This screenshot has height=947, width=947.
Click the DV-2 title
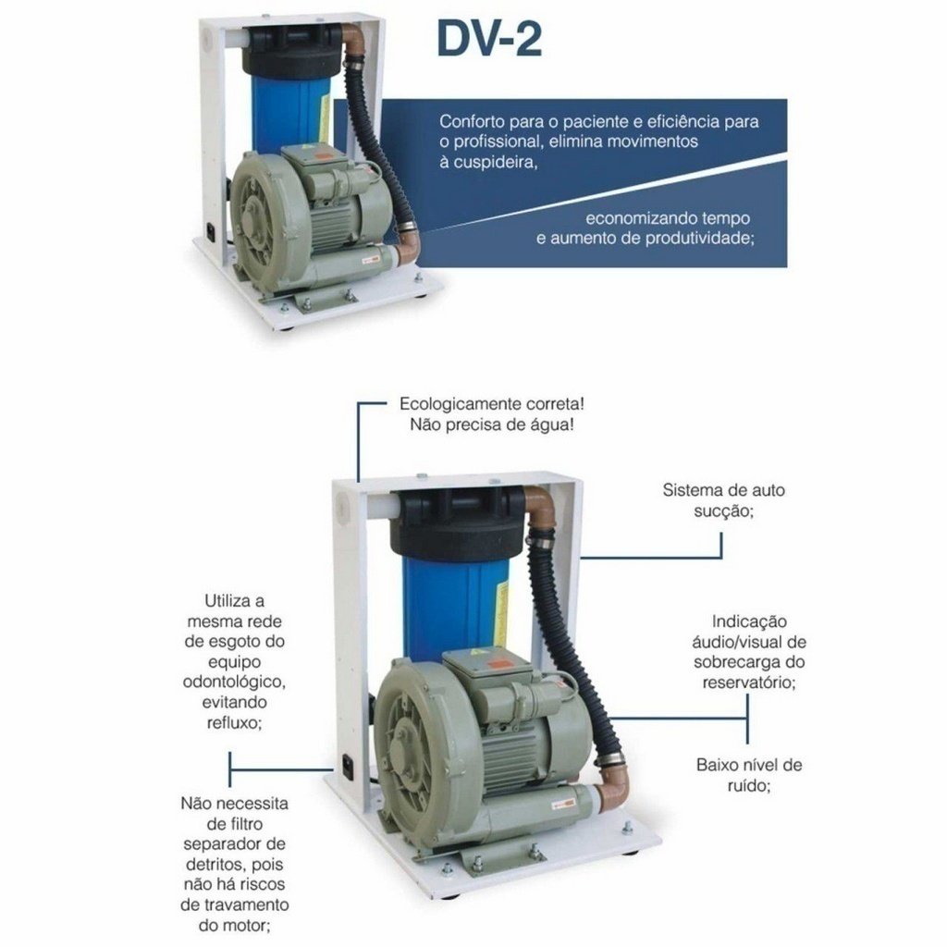click(489, 40)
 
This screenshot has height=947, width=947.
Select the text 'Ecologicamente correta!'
click(492, 403)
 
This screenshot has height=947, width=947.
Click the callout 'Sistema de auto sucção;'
click(723, 500)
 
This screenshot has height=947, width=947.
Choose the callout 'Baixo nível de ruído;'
click(749, 775)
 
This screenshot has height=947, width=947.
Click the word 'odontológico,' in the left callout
click(234, 682)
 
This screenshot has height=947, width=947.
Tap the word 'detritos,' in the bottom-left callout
click(215, 865)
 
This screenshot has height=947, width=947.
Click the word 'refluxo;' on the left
click(234, 722)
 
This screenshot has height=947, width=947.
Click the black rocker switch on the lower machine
click(347, 766)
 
